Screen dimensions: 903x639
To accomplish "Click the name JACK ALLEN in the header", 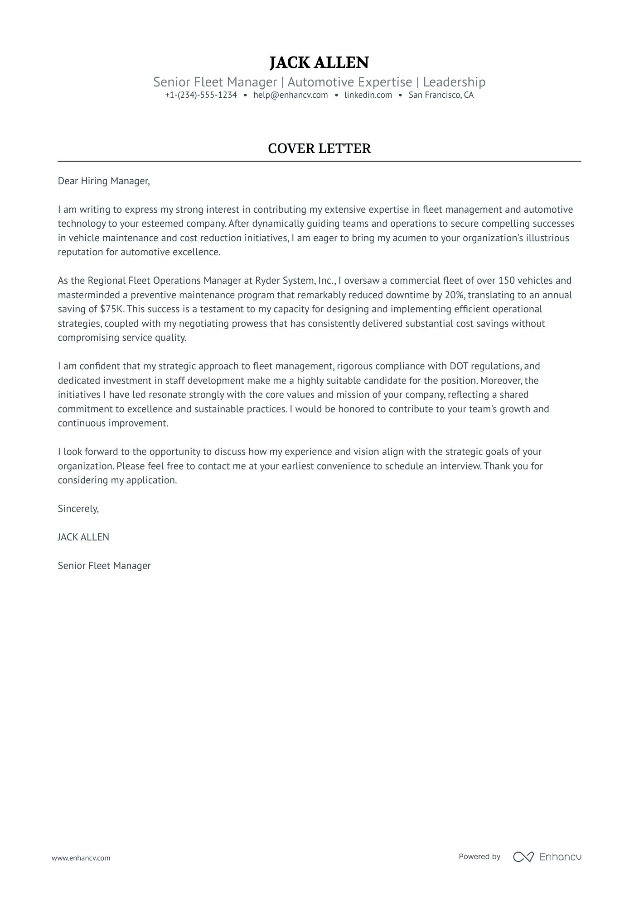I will click(x=319, y=62).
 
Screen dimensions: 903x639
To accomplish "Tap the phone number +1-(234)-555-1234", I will click(x=201, y=95).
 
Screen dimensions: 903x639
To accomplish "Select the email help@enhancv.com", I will click(x=290, y=95).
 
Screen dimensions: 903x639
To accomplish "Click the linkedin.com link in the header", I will click(x=368, y=95).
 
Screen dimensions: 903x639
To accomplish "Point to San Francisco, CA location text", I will click(x=441, y=95).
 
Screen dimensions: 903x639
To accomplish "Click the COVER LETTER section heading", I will click(x=319, y=148).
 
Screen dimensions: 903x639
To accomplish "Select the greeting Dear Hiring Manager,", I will click(x=103, y=181).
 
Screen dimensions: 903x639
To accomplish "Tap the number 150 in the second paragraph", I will click(x=506, y=281).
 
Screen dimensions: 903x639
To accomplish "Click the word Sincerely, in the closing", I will click(x=78, y=509).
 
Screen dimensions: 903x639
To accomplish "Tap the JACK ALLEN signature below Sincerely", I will click(x=83, y=537).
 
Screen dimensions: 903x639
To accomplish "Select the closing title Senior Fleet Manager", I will click(x=104, y=566).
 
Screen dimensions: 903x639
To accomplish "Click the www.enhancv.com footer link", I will click(x=81, y=858).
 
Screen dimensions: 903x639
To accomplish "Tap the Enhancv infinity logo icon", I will click(x=523, y=857).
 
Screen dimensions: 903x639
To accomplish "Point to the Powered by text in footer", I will click(x=479, y=857).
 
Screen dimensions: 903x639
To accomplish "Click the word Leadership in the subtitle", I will click(x=454, y=82).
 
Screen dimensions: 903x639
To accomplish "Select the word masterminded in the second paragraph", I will click(x=92, y=295).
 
